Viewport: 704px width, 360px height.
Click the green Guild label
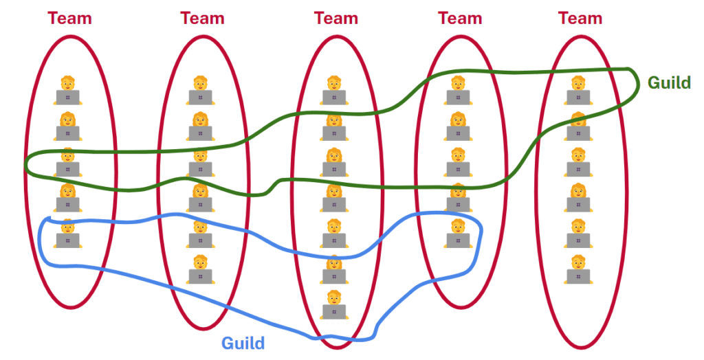click(x=669, y=83)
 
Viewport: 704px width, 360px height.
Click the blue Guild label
click(x=243, y=342)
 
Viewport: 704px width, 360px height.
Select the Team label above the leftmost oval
click(x=69, y=18)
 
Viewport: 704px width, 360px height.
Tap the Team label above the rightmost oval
click(x=580, y=18)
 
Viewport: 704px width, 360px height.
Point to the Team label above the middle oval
click(x=336, y=18)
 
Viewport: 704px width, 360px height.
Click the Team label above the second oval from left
click(x=202, y=18)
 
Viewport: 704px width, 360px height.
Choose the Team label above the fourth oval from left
click(x=460, y=18)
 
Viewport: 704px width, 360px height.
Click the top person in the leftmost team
click(x=68, y=90)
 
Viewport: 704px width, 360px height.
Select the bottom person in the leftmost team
click(x=68, y=233)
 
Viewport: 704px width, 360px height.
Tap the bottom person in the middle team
click(x=334, y=304)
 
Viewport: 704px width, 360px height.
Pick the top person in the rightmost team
click(x=578, y=90)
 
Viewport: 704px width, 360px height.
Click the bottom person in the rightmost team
click(x=578, y=269)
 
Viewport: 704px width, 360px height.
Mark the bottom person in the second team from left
click(x=200, y=269)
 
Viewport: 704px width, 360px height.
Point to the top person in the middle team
click(x=334, y=90)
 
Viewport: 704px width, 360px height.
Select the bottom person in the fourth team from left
click(x=458, y=233)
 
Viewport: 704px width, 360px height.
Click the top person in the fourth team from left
click(x=458, y=90)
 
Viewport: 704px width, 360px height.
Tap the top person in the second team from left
click(x=200, y=90)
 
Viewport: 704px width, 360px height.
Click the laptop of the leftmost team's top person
click(x=68, y=97)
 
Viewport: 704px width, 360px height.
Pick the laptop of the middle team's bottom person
click(x=334, y=311)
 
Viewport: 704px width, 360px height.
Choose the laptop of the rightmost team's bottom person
click(x=578, y=275)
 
